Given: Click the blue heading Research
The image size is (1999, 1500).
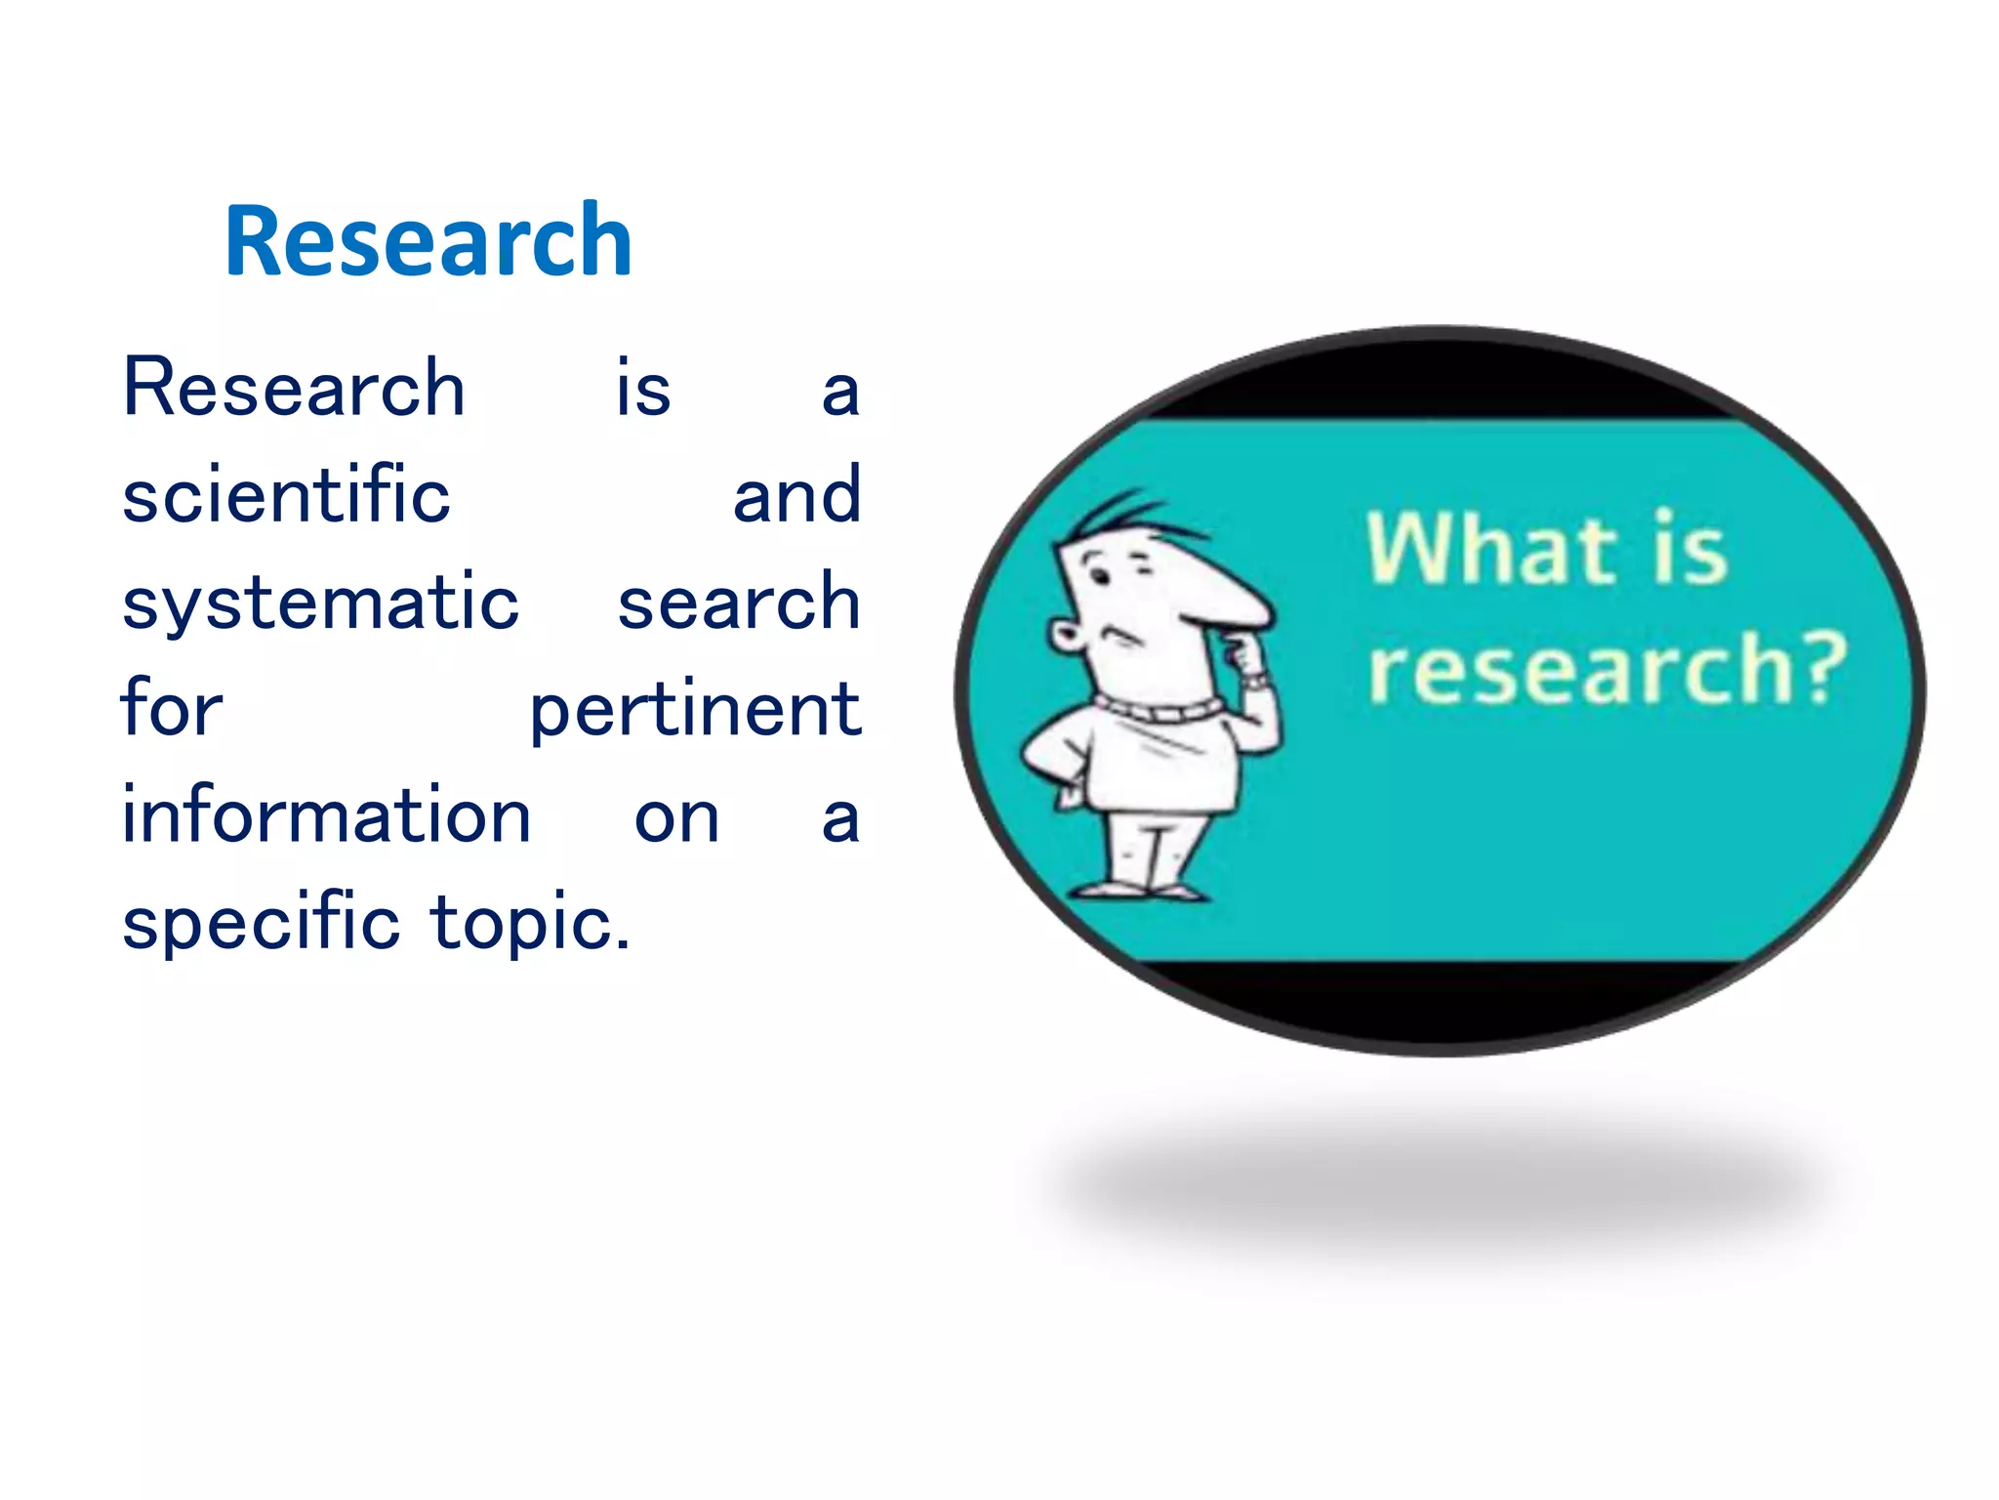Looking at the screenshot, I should click(x=428, y=240).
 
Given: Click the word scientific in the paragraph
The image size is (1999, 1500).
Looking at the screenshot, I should click(x=286, y=495).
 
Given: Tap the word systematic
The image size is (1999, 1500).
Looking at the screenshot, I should click(x=320, y=604).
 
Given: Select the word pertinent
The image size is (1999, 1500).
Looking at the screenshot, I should click(x=695, y=711).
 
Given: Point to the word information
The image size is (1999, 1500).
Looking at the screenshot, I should click(x=326, y=815).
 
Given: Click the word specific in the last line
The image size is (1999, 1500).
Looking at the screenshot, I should click(x=261, y=922).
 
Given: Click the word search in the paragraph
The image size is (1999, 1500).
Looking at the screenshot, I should click(x=739, y=602).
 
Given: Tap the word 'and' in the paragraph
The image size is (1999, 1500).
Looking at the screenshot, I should click(x=796, y=495).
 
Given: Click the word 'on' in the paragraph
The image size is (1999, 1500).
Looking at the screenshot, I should click(x=676, y=817).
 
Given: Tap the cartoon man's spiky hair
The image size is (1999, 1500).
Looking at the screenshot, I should click(x=1122, y=513).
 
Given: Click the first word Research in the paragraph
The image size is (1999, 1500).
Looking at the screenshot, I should click(x=294, y=389).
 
